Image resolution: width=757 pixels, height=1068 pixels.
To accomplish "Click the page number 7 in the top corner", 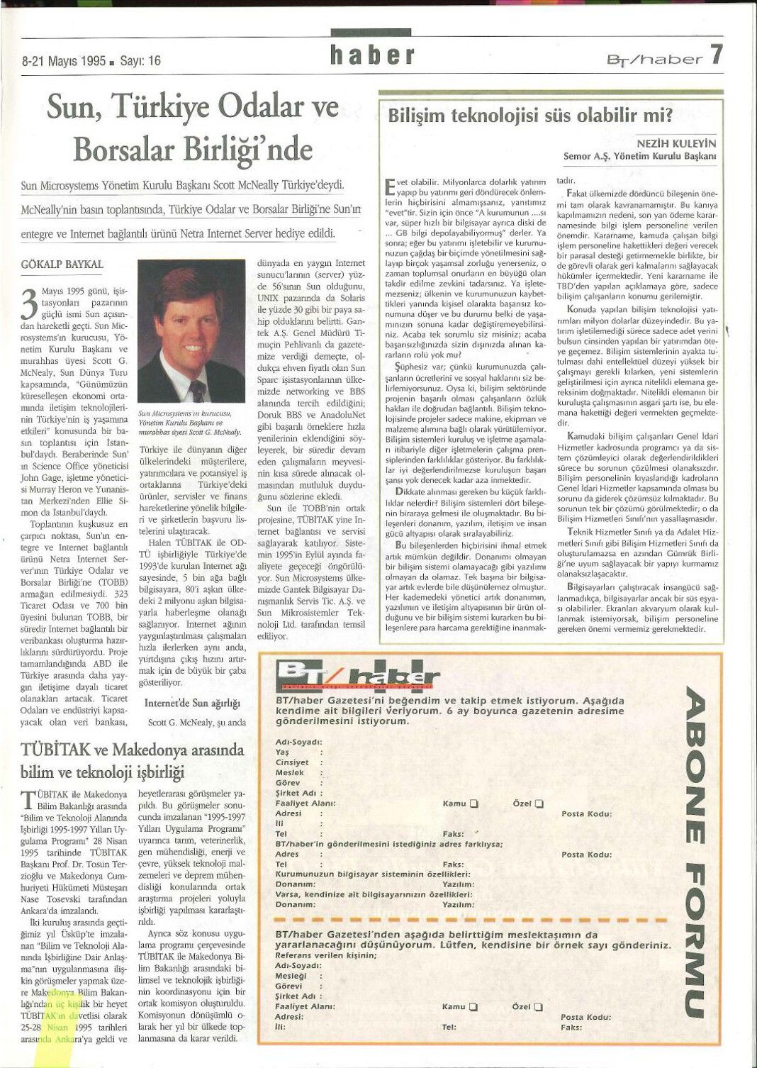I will tap(715, 54).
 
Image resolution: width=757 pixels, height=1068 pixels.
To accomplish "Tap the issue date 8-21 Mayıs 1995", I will tap(63, 61).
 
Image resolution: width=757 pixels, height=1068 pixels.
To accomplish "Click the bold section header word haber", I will tap(371, 55).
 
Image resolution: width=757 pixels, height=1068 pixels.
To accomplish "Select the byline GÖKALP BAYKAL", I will tap(62, 265).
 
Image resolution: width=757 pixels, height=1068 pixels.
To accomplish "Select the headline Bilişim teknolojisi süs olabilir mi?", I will tap(529, 115).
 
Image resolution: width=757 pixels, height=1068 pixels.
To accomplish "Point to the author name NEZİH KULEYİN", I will tap(676, 143).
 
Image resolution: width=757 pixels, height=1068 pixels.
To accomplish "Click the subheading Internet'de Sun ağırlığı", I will tap(192, 703).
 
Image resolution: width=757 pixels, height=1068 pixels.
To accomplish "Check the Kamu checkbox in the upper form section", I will tap(473, 803).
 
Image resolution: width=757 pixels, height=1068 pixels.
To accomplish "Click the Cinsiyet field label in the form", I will tap(292, 762).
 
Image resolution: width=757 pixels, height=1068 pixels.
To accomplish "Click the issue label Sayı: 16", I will tap(140, 61).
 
